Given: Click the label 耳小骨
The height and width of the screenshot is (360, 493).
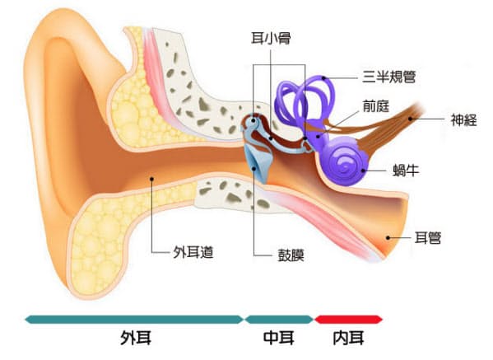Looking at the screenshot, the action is [x=271, y=39].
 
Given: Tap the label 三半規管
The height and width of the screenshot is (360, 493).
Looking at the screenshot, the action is [x=389, y=77].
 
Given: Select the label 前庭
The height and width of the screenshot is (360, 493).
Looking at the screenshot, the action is [x=376, y=106].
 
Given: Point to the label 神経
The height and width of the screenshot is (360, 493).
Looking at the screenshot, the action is [x=463, y=119].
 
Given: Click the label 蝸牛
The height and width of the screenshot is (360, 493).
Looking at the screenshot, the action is [x=406, y=171].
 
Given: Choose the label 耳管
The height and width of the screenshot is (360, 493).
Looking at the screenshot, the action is [x=428, y=237].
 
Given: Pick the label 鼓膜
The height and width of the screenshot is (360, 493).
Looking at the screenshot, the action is [x=291, y=255].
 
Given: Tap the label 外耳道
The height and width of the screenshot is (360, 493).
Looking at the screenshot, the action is [x=193, y=252].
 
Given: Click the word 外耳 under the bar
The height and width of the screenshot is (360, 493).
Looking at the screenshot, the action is [x=136, y=339].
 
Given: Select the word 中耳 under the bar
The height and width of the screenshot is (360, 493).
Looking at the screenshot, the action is [x=279, y=339].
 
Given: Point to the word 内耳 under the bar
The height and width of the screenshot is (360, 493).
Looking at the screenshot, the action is [x=348, y=339].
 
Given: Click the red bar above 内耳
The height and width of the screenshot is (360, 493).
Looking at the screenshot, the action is [x=348, y=320].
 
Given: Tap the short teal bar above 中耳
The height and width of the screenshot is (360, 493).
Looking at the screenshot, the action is [x=279, y=320].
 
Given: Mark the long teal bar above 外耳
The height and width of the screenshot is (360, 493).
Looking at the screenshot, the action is [x=134, y=320].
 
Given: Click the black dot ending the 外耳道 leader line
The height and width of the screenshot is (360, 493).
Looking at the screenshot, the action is [x=151, y=179].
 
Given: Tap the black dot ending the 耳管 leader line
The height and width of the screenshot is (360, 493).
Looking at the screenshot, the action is [x=388, y=238].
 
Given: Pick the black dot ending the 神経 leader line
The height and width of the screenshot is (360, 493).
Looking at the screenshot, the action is [x=410, y=119].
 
